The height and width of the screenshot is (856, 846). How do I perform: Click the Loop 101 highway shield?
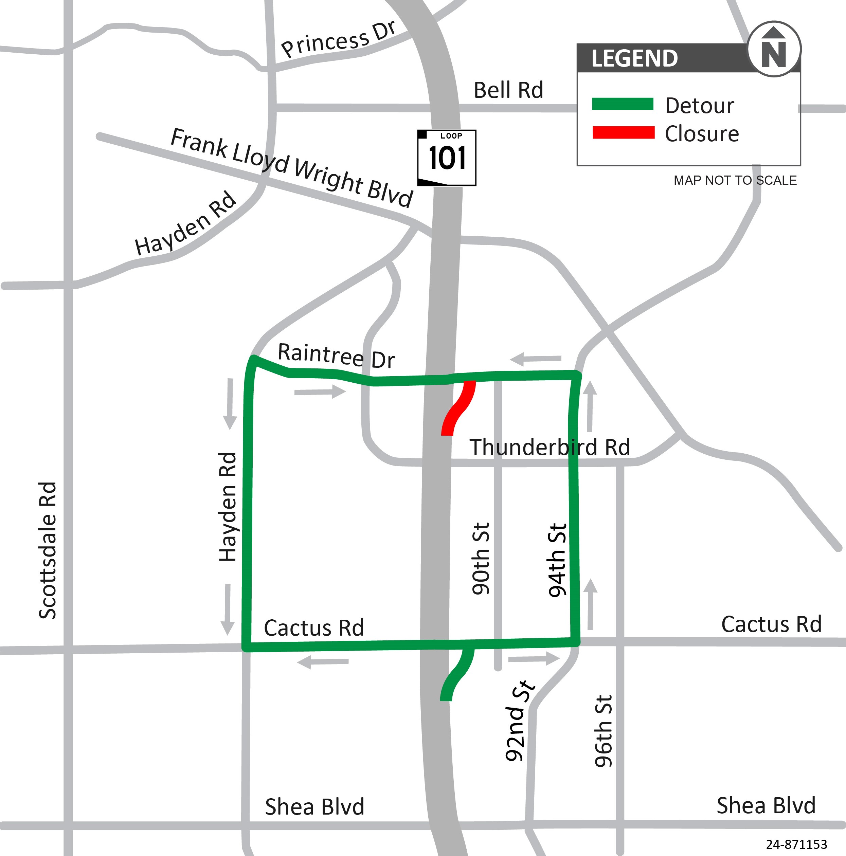pyautogui.click(x=447, y=158)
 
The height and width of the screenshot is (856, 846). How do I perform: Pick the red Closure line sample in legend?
pyautogui.click(x=623, y=132)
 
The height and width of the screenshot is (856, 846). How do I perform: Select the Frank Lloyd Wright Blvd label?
pyautogui.click(x=292, y=167)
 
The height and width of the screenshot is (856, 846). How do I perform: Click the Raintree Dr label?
pyautogui.click(x=336, y=356)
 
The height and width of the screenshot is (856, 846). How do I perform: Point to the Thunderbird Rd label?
pyautogui.click(x=550, y=447)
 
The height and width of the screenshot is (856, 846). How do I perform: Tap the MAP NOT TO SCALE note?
pyautogui.click(x=735, y=180)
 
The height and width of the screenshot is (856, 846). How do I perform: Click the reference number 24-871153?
pyautogui.click(x=796, y=844)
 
